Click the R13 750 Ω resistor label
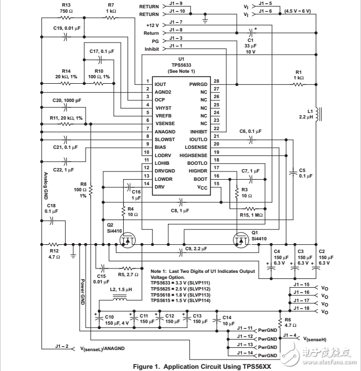tap(50, 8)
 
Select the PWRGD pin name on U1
tap(198, 84)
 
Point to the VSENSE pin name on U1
tap(164, 123)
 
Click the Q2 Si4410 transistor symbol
tap(128, 240)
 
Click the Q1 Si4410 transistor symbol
tap(241, 240)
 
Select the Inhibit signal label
tap(151, 49)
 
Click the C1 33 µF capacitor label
tap(250, 47)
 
